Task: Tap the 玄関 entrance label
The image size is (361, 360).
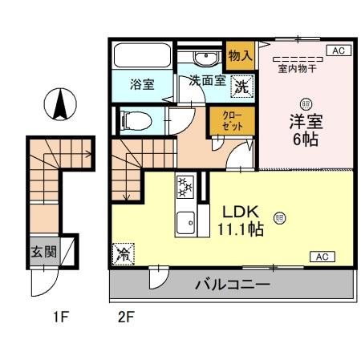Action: pos(44,251)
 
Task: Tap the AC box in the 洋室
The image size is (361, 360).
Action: pos(336,51)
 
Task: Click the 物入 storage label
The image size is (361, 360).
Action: pos(240,56)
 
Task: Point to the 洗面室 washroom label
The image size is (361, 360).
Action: pos(205,82)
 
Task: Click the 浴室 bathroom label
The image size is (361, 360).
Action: pos(142,84)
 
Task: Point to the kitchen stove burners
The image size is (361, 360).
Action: pos(185,188)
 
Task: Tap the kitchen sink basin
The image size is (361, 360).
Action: pos(185,220)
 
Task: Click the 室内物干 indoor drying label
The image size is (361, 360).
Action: pos(298,69)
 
